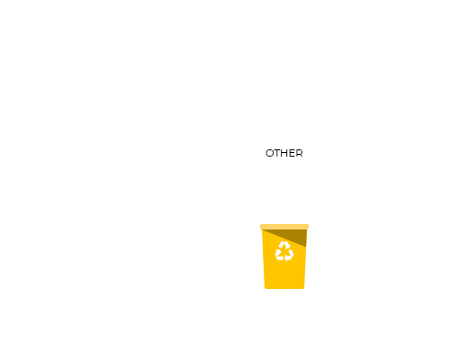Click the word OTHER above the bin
click(x=284, y=153)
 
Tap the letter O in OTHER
click(x=270, y=153)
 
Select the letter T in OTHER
click(x=277, y=153)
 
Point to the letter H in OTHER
click(x=284, y=153)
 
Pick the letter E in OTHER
click(x=292, y=153)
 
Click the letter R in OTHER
click(x=300, y=153)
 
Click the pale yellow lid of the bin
click(x=284, y=227)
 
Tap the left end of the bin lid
click(x=260, y=227)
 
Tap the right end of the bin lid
click(x=309, y=227)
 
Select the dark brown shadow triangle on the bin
click(x=295, y=236)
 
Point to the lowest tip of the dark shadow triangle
click(x=306, y=247)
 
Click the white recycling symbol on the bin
click(x=284, y=251)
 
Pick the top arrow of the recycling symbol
click(x=283, y=245)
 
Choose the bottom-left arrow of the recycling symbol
click(x=279, y=256)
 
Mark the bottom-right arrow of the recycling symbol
click(x=290, y=256)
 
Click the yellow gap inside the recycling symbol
click(x=284, y=253)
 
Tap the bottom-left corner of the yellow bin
click(x=265, y=288)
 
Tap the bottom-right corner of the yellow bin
click(x=304, y=288)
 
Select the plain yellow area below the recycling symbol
click(x=284, y=275)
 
